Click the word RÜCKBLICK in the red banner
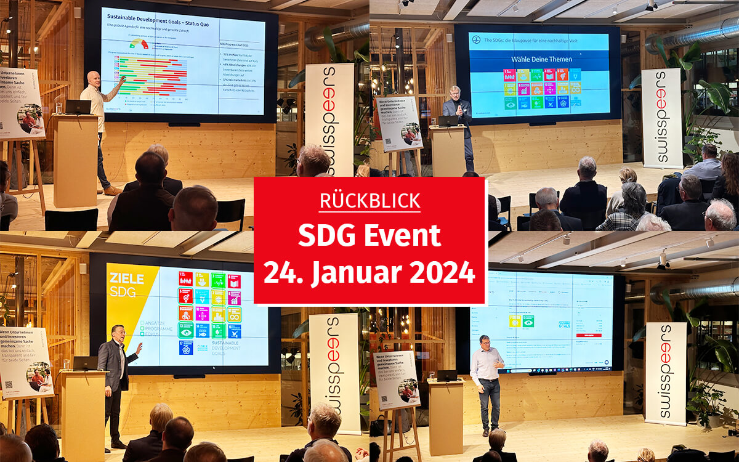tap(370, 201)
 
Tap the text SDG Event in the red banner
tap(369, 236)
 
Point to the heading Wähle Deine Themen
tap(533, 59)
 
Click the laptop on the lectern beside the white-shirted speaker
tap(78, 107)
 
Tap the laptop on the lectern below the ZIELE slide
tap(85, 363)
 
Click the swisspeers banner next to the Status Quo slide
tap(329, 117)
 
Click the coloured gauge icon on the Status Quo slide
tap(139, 44)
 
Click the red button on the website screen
tap(585, 335)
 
